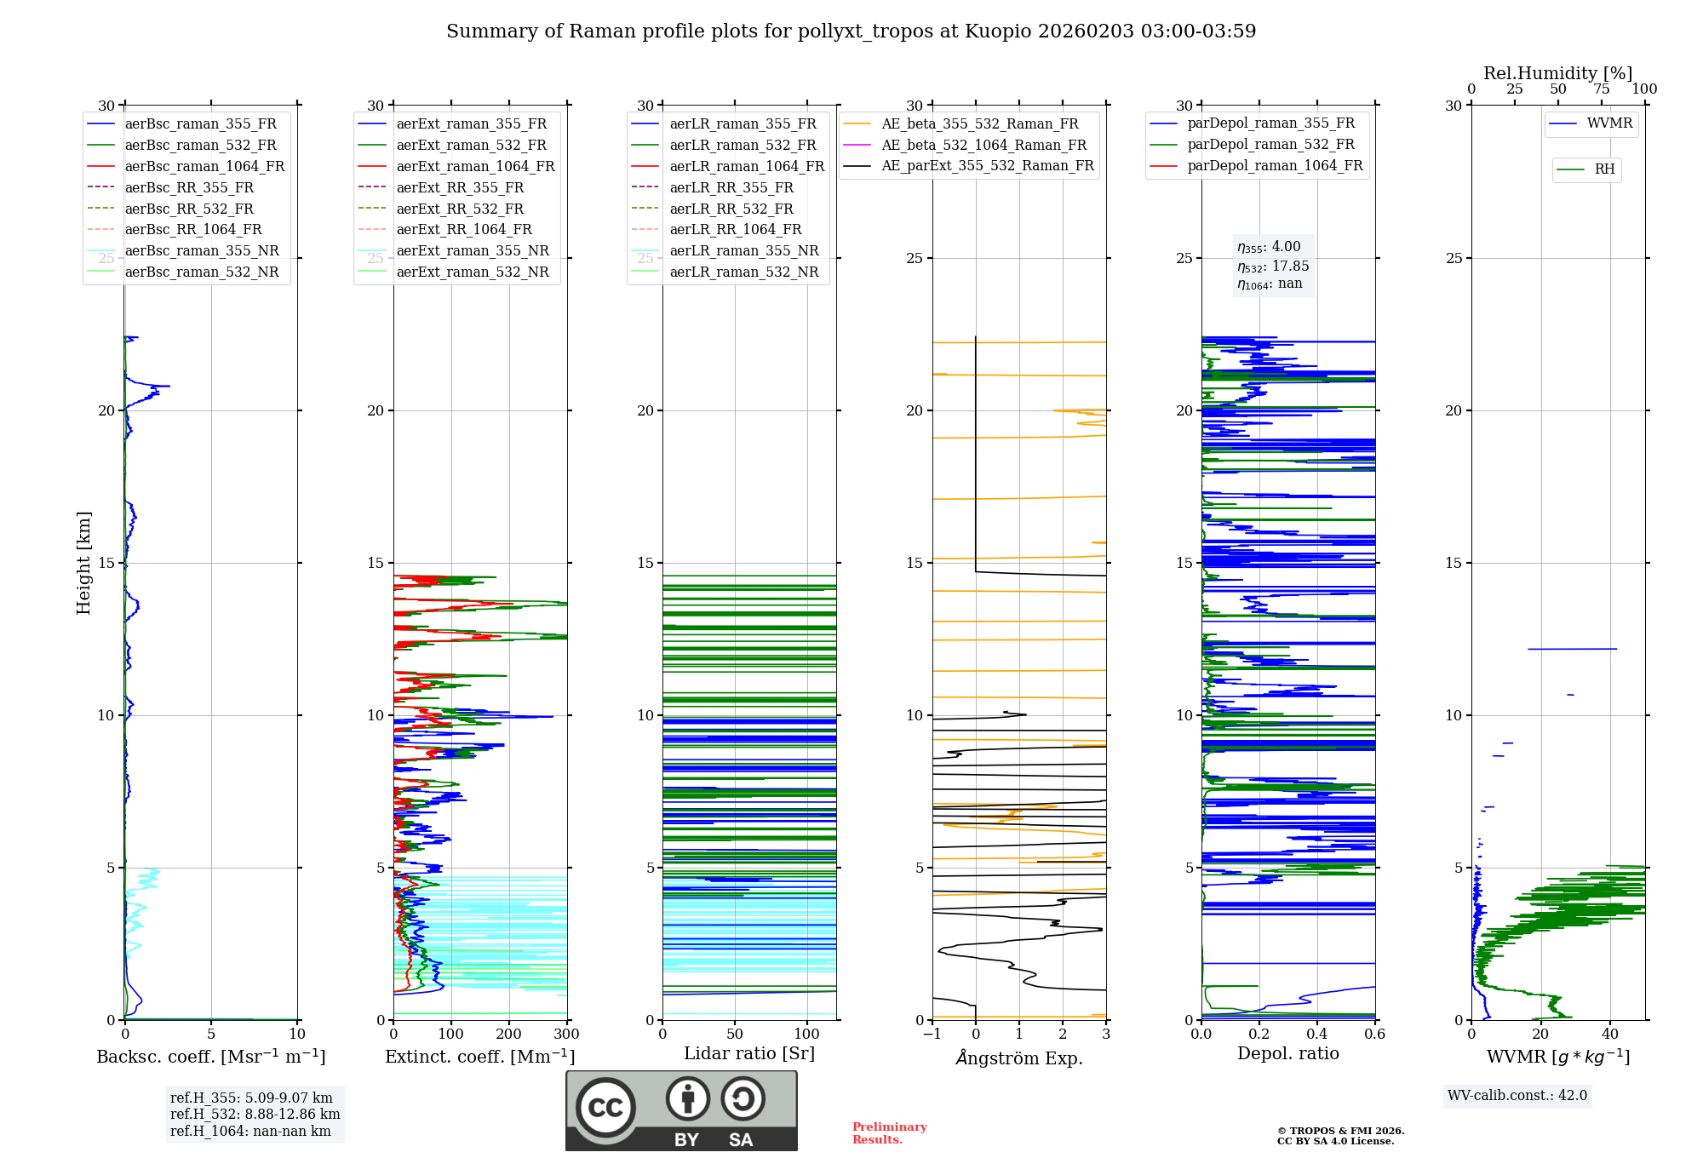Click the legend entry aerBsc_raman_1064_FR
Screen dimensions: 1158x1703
click(204, 167)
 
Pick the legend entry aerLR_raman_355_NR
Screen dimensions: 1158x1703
click(743, 251)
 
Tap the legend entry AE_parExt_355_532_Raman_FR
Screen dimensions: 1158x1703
click(987, 166)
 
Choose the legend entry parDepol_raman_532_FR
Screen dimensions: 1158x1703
click(1270, 145)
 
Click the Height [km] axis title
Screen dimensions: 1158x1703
click(83, 562)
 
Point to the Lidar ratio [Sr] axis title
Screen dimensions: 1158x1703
click(748, 1053)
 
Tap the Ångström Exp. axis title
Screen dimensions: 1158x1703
click(1018, 1058)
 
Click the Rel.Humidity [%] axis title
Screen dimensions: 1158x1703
click(1557, 73)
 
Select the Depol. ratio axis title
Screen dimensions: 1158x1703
click(1287, 1053)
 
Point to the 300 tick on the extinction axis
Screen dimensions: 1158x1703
click(566, 1035)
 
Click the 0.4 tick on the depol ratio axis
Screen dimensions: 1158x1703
click(1316, 1035)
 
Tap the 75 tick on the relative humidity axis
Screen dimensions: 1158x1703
click(1601, 89)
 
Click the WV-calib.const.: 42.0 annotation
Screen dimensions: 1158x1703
click(1517, 1096)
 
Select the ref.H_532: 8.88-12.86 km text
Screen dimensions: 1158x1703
click(255, 1115)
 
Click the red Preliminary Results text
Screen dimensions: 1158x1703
click(889, 1133)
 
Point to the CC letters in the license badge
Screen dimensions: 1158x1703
click(605, 1108)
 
